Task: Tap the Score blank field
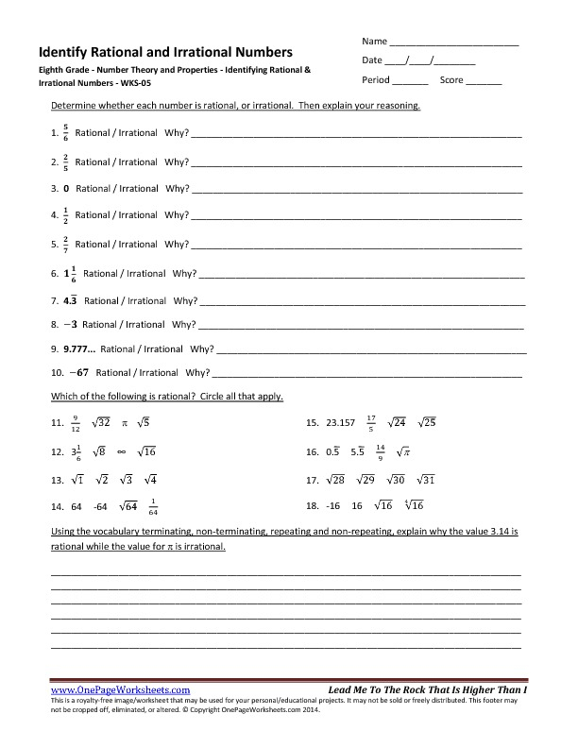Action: (x=484, y=81)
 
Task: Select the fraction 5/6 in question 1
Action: (x=65, y=134)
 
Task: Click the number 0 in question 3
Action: (x=66, y=189)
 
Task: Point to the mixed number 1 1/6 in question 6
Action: (x=70, y=274)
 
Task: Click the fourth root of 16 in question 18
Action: (x=413, y=507)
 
